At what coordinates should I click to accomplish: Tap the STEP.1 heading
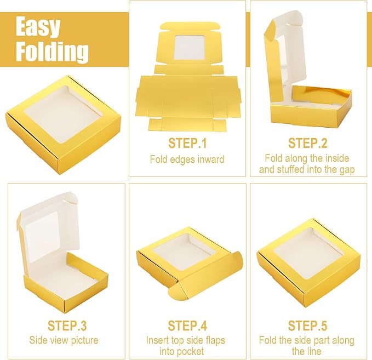tap(187, 143)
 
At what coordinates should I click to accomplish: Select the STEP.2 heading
tap(307, 143)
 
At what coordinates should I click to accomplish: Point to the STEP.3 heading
tap(67, 325)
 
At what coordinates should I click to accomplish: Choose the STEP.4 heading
tap(187, 325)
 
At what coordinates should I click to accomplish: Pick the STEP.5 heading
tap(307, 325)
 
